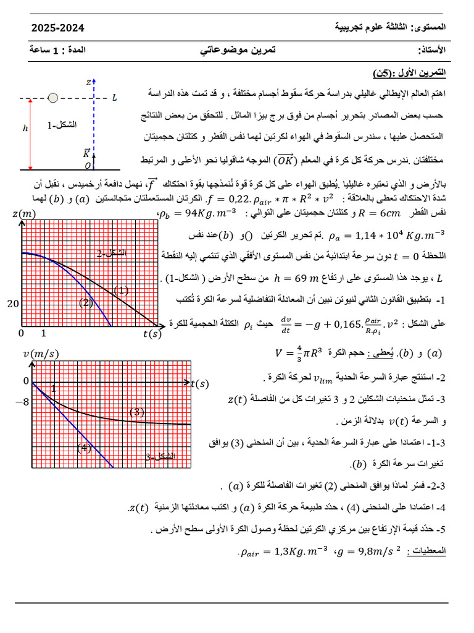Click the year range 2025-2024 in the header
tap(57, 28)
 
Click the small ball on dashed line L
tap(53, 98)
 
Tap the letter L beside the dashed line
tap(115, 97)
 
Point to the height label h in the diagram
tap(25, 129)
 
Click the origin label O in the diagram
tap(88, 166)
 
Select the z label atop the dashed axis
tap(89, 81)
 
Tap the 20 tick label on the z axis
tap(13, 304)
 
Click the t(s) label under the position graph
tap(151, 334)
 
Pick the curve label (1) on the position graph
tap(122, 290)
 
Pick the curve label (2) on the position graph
tap(86, 302)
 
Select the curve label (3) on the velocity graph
tap(136, 412)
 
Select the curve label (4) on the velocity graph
tap(84, 448)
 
